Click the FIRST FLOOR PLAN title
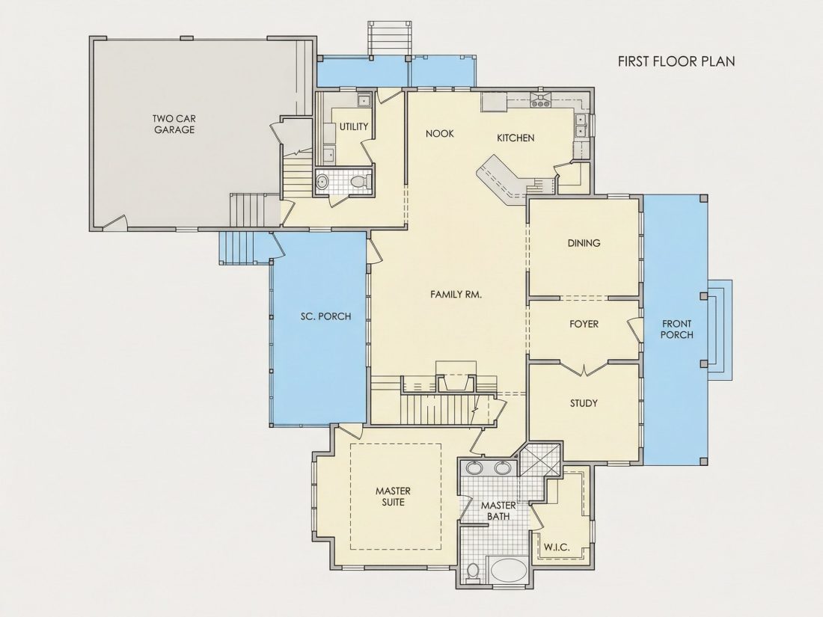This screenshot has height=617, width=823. (x=676, y=61)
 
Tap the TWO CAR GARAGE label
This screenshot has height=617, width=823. (x=174, y=124)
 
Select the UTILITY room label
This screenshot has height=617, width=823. (x=354, y=126)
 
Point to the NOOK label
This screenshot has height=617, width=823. (x=440, y=134)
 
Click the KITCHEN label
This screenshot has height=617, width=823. (x=516, y=138)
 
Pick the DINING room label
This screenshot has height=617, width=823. (x=584, y=243)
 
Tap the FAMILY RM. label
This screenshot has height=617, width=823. (x=456, y=295)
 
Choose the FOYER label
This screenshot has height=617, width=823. (x=584, y=325)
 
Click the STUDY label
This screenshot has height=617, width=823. (x=584, y=403)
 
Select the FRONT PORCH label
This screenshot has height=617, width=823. (x=676, y=330)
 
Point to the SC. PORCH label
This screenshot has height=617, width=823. (x=326, y=316)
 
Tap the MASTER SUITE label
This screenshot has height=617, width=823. (x=393, y=497)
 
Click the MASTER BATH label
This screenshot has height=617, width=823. (x=498, y=511)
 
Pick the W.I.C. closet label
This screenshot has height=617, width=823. (x=557, y=547)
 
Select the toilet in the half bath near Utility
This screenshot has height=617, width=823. (x=360, y=182)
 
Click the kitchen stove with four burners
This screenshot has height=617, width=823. (x=539, y=99)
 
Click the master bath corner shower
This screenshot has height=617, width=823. (x=541, y=459)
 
